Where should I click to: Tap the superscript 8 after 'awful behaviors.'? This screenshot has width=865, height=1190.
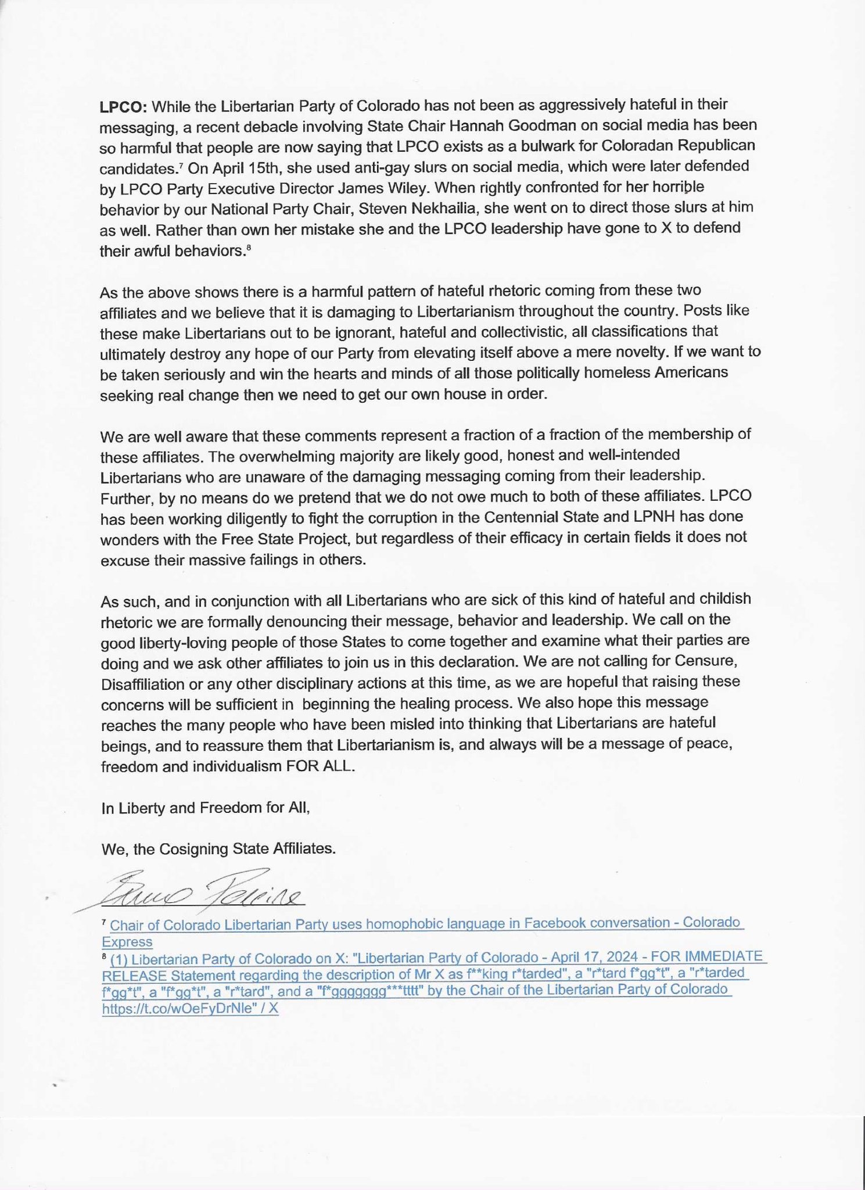[x=249, y=249]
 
